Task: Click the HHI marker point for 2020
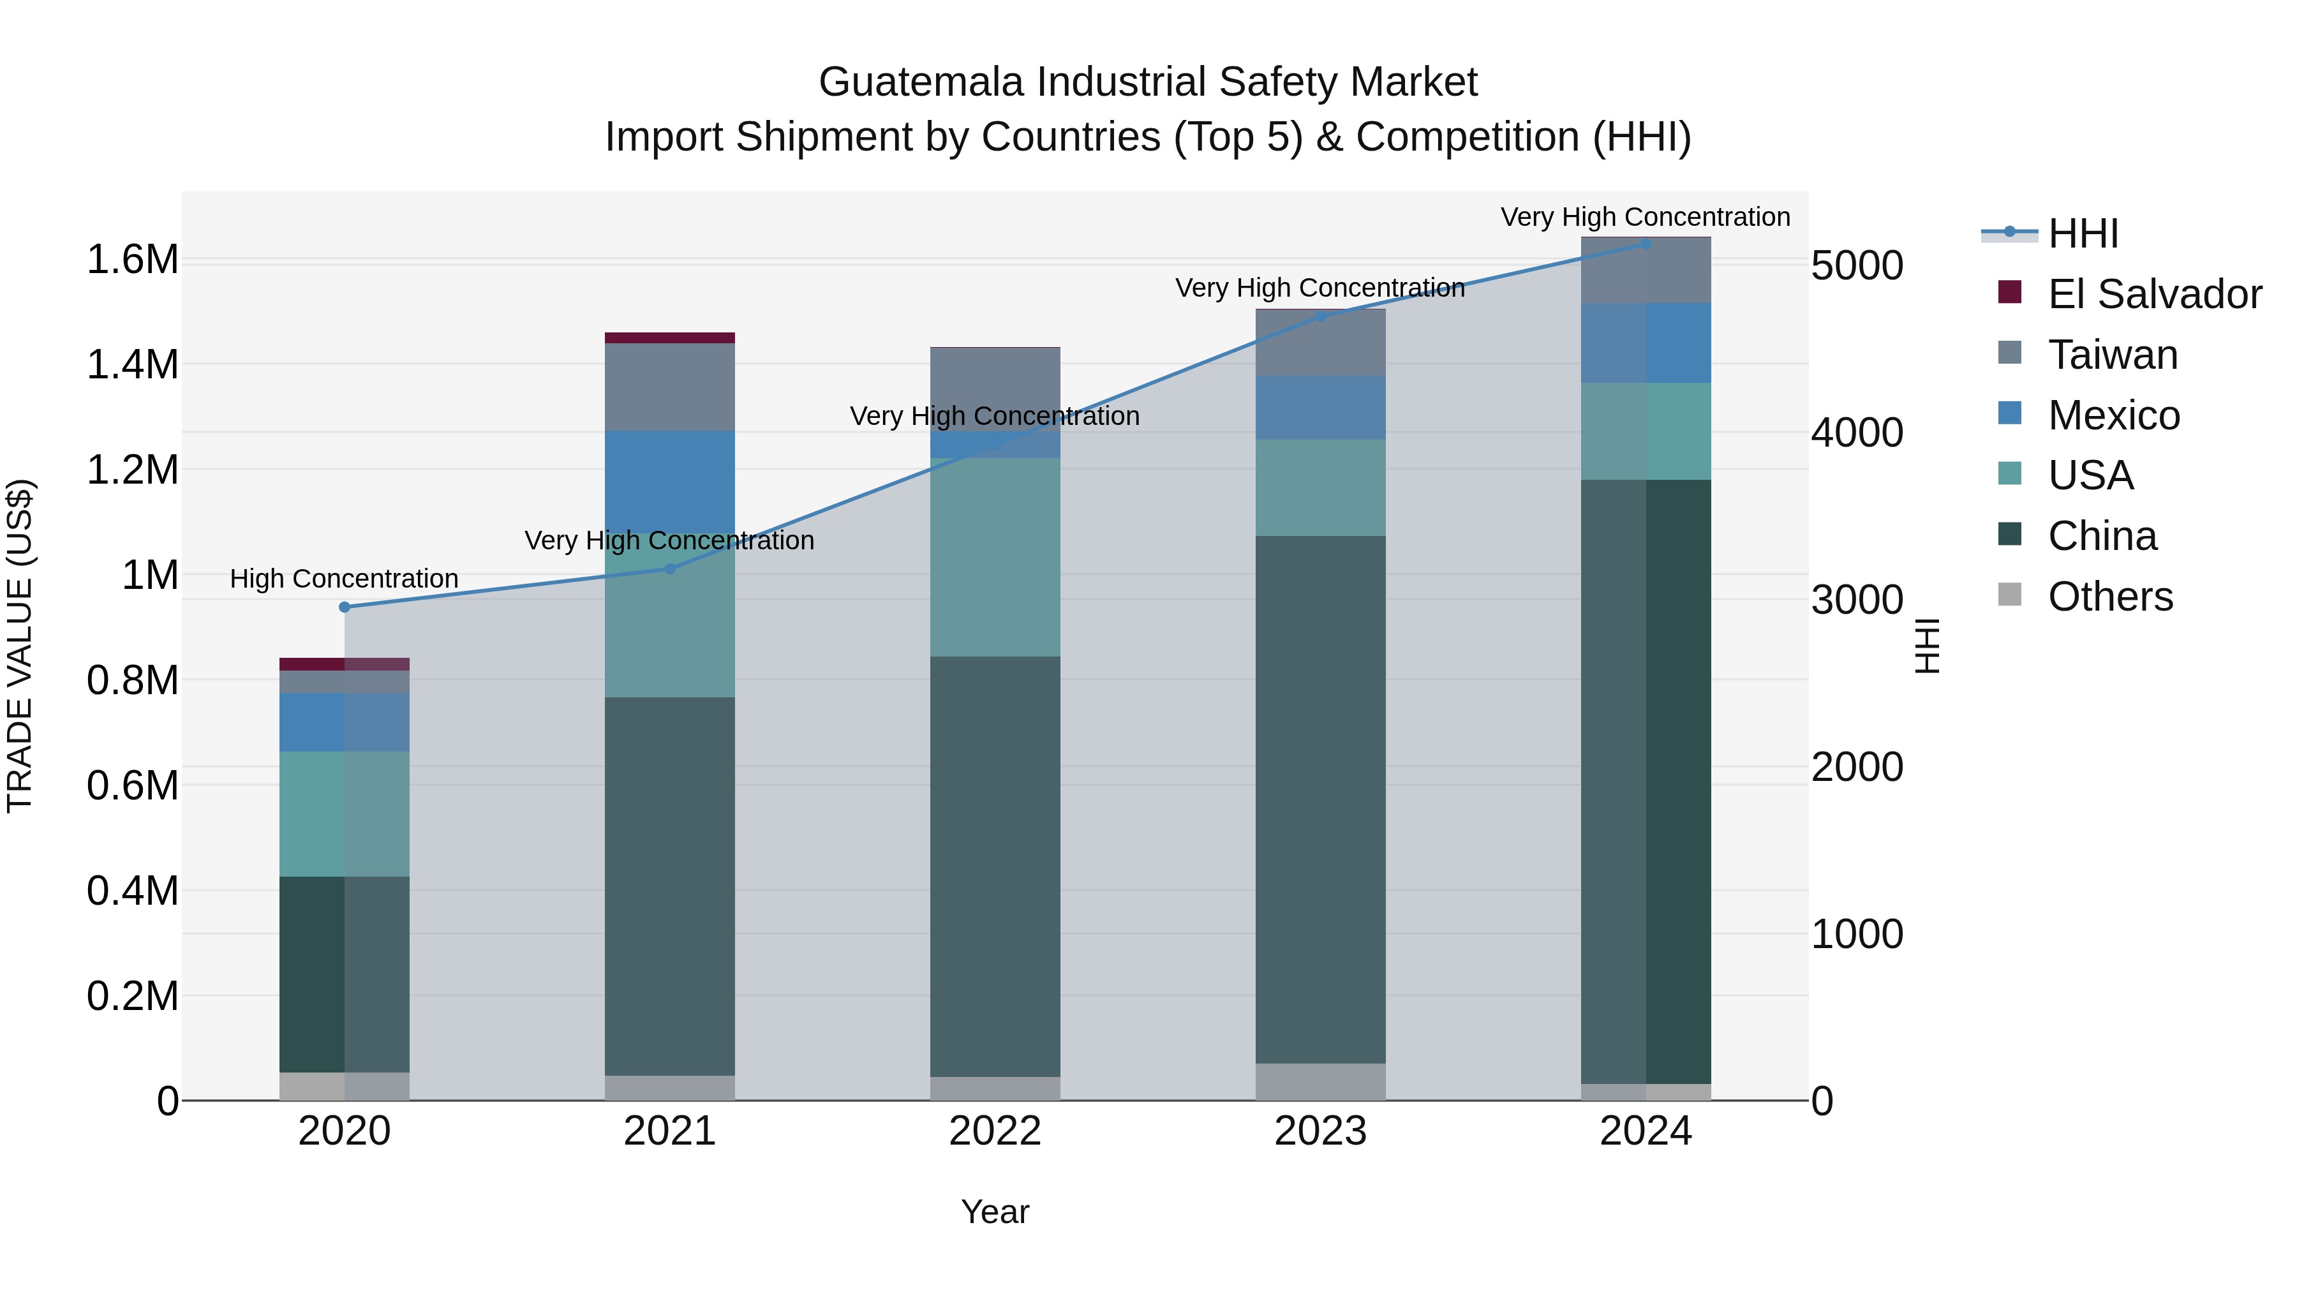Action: coord(345,607)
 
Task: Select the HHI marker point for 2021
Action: coord(670,569)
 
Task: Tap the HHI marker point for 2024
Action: coord(1646,244)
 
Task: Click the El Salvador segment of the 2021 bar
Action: coord(670,338)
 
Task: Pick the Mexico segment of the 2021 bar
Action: coord(670,482)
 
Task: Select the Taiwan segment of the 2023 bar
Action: coord(1321,343)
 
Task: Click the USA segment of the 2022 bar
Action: coord(995,557)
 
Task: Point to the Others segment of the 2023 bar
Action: coord(1321,1081)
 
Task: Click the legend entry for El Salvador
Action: coord(2153,294)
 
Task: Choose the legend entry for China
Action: coord(2102,536)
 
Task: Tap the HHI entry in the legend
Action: coord(2083,234)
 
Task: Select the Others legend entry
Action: coord(2110,597)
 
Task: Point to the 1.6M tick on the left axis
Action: coord(132,260)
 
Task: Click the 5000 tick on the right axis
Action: coord(1857,265)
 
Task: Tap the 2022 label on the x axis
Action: coord(995,1131)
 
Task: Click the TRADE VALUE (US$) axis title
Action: coord(20,646)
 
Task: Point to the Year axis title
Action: coord(995,1212)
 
